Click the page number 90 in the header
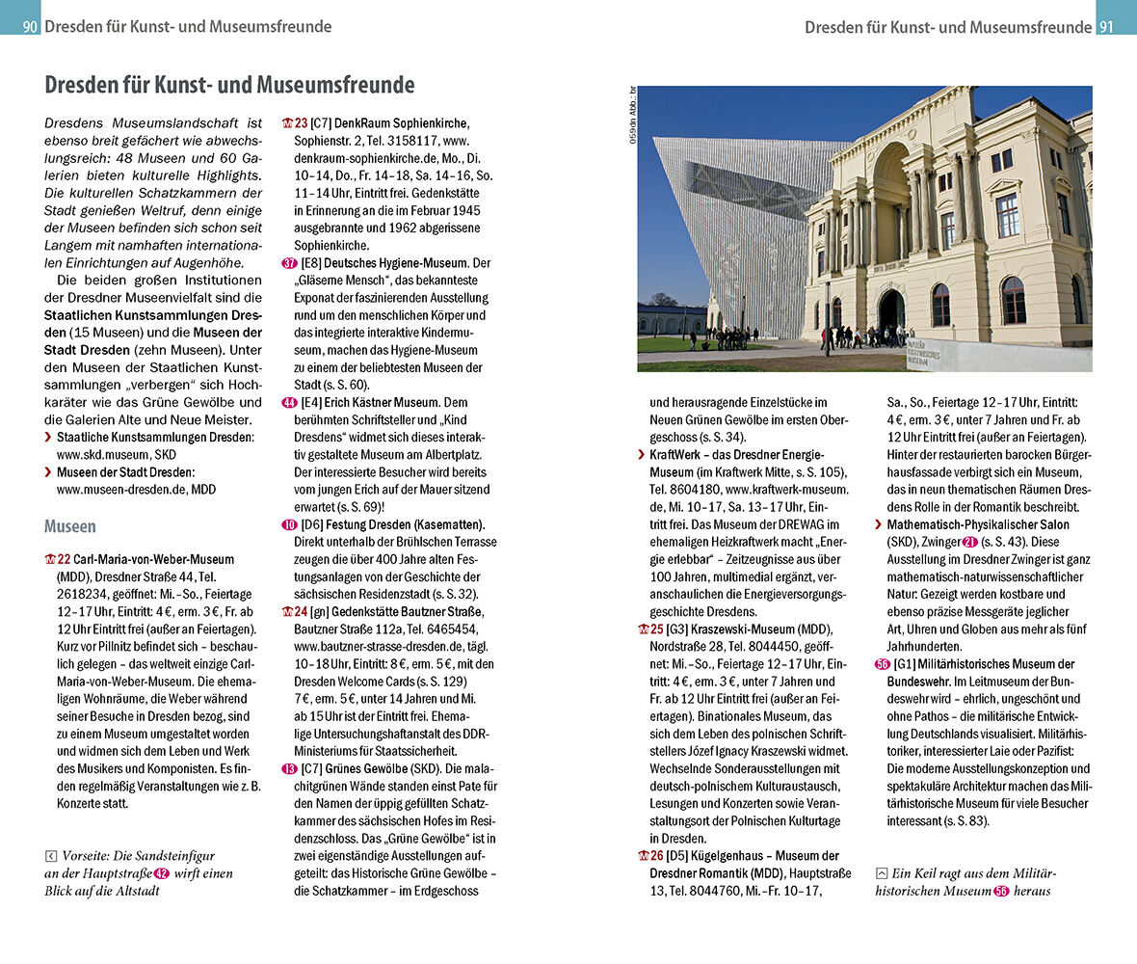[x=30, y=27]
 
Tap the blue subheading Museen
[x=70, y=526]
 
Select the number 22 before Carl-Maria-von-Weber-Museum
[x=64, y=559]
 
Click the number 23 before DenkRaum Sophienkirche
[x=301, y=123]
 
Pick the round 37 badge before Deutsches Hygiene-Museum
[x=289, y=263]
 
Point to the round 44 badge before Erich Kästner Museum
[x=289, y=402]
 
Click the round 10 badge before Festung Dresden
[x=289, y=524]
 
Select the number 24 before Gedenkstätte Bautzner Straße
[x=301, y=611]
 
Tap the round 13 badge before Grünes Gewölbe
[x=289, y=768]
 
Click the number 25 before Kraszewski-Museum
[x=656, y=629]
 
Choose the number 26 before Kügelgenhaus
[x=656, y=855]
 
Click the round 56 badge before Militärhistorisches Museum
[x=883, y=664]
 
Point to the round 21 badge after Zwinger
[x=943, y=543]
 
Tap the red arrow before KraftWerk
[x=642, y=454]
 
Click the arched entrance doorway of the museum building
[x=891, y=310]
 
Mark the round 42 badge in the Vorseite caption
[x=162, y=874]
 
